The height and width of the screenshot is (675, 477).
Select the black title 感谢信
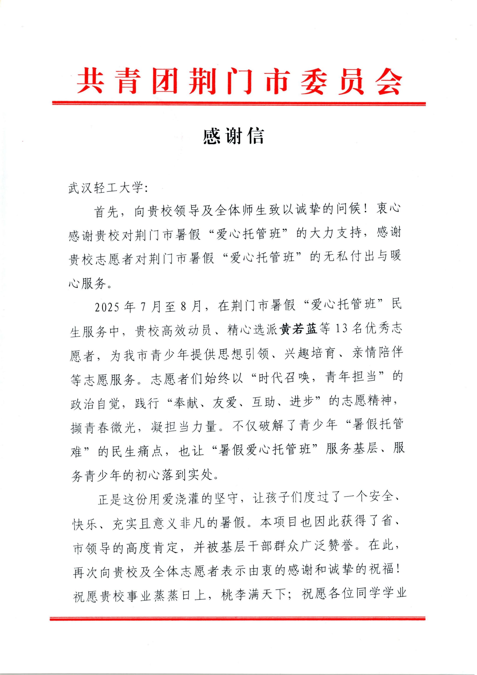coord(234,136)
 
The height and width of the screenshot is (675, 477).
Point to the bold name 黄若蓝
coord(300,329)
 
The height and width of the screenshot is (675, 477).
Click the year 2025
coord(107,307)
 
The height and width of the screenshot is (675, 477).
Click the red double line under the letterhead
coord(239,103)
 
